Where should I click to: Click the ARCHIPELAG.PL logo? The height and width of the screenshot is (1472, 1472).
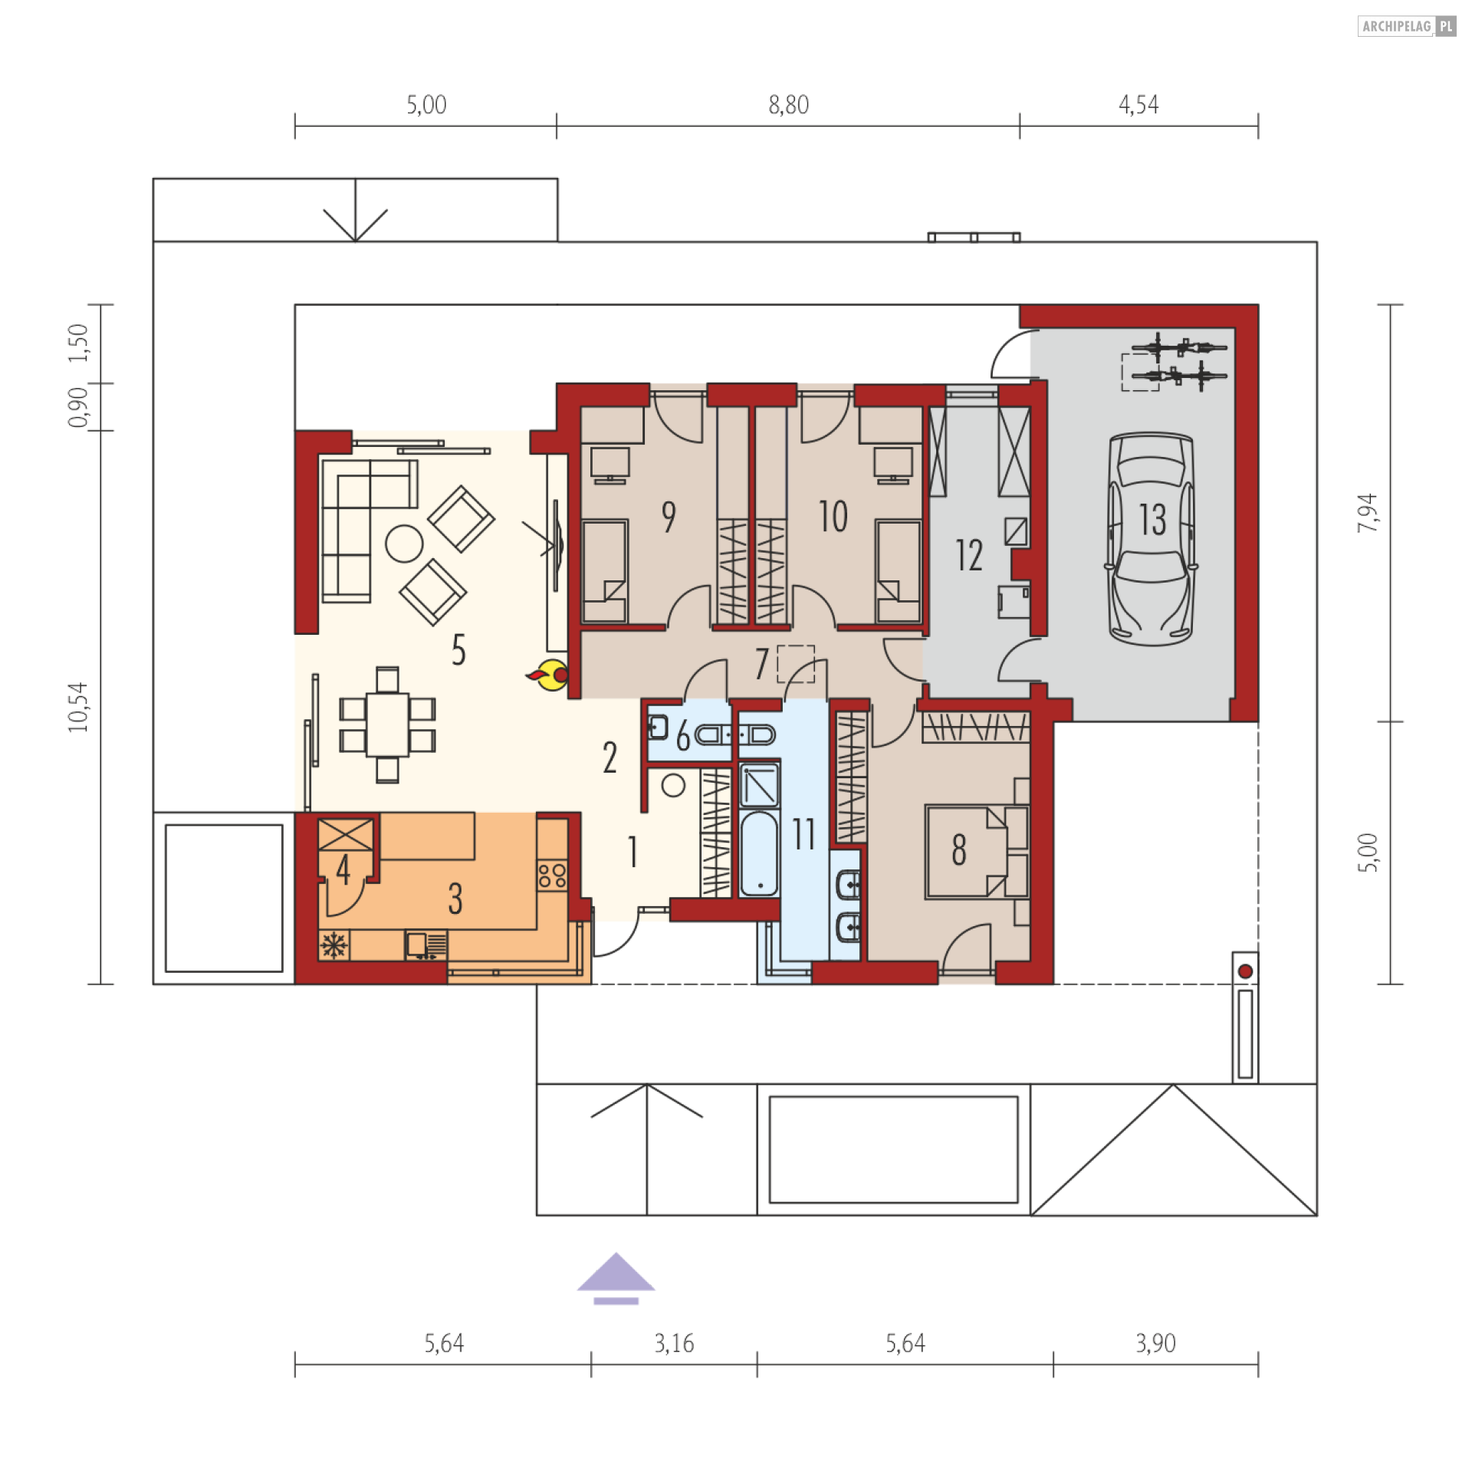pyautogui.click(x=1407, y=27)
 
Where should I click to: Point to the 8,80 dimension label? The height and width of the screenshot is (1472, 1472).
pyautogui.click(x=788, y=105)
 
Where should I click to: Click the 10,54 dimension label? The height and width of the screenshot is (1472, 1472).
pyautogui.click(x=78, y=707)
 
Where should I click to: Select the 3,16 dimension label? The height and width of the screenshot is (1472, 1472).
pyautogui.click(x=674, y=1343)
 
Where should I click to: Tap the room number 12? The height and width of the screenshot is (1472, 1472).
pyautogui.click(x=968, y=555)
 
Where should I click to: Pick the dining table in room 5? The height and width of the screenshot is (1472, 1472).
pyautogui.click(x=387, y=724)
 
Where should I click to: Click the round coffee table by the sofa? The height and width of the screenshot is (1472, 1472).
pyautogui.click(x=404, y=544)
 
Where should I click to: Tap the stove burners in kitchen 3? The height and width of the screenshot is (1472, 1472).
pyautogui.click(x=552, y=876)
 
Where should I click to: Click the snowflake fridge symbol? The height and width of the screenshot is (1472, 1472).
pyautogui.click(x=333, y=946)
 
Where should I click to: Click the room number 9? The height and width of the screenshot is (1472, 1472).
pyautogui.click(x=669, y=517)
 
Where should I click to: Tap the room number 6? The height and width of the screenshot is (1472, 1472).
pyautogui.click(x=683, y=738)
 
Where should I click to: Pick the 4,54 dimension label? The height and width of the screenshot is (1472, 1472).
pyautogui.click(x=1138, y=105)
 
